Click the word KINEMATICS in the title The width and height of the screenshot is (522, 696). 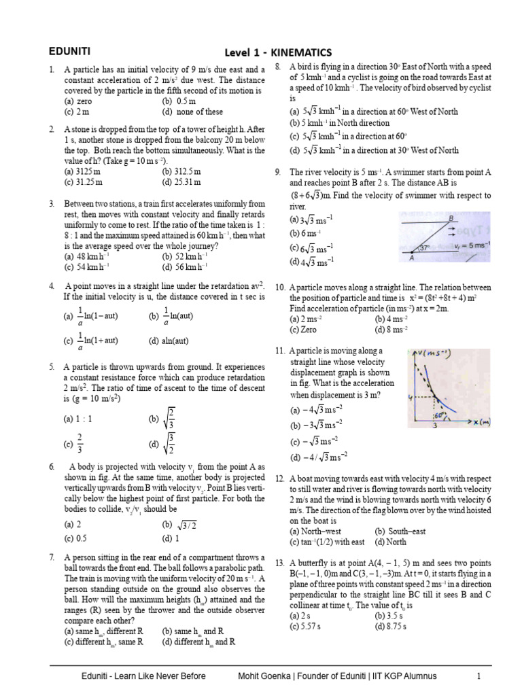(298, 52)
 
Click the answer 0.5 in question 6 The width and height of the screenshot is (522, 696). (78, 538)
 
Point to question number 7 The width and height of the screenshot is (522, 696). (52, 557)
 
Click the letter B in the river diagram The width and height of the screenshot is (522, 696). (451, 218)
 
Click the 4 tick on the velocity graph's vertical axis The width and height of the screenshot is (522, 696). (411, 396)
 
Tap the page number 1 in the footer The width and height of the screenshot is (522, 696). (478, 676)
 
